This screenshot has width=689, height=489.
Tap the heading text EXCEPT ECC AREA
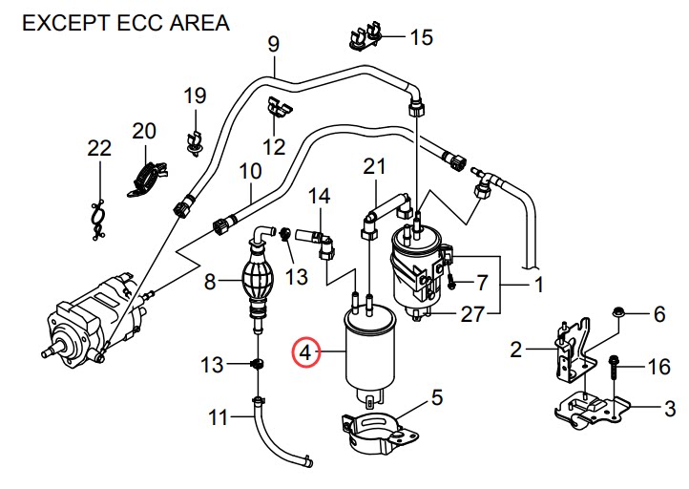[125, 22]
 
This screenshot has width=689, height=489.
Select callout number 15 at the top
[421, 38]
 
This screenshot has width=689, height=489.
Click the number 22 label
[98, 148]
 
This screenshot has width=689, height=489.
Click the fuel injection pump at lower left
[91, 315]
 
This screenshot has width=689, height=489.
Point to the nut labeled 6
[617, 313]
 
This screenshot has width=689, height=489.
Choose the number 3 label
[669, 410]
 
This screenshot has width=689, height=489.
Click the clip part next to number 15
[364, 37]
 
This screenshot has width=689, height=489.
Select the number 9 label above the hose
[273, 44]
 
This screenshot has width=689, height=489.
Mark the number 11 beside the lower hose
[219, 416]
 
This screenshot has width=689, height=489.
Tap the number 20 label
[144, 130]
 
